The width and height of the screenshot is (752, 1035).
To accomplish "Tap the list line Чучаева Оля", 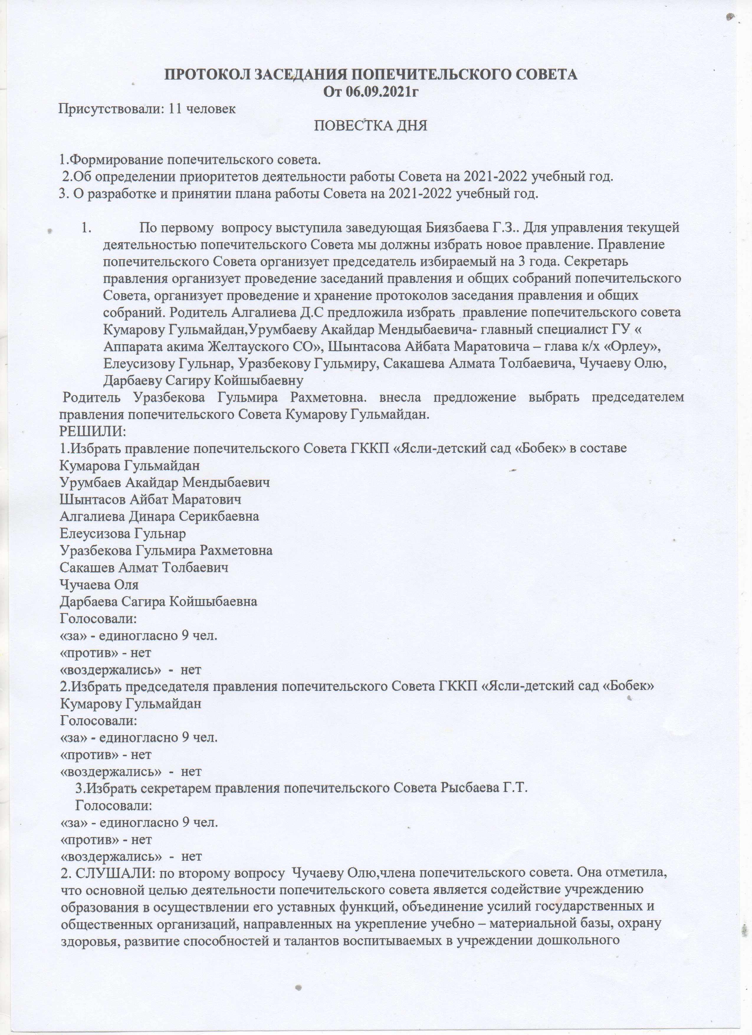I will click(99, 585).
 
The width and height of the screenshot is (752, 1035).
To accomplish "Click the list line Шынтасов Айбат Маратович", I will click(151, 499).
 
